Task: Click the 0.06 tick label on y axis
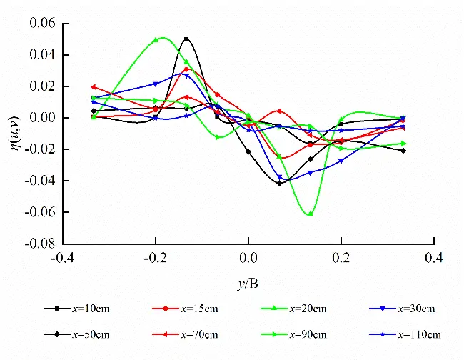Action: click(42, 24)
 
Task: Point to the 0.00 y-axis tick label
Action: click(42, 118)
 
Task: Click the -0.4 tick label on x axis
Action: click(63, 257)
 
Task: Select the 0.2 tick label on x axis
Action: click(341, 257)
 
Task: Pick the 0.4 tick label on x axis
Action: click(434, 257)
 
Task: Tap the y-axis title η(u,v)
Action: click(14, 133)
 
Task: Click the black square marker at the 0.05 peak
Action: click(186, 39)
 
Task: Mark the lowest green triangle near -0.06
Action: click(310, 213)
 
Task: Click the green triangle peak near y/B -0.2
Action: click(156, 40)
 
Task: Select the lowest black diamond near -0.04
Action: click(279, 183)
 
